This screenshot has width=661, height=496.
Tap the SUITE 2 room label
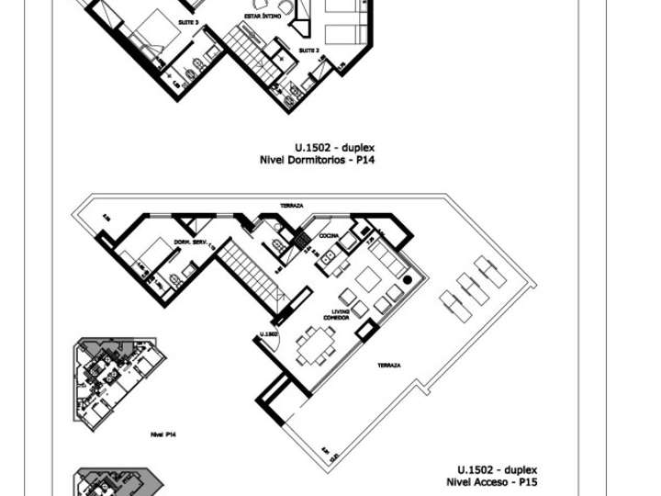tap(310, 51)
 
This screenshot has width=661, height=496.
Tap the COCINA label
tap(329, 236)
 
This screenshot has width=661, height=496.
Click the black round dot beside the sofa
tap(408, 278)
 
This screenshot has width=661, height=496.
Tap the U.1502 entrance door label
tap(269, 334)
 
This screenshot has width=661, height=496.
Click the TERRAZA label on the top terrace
tap(292, 205)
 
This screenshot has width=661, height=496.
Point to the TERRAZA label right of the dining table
tap(388, 366)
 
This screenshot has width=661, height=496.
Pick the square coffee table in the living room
tap(368, 279)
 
